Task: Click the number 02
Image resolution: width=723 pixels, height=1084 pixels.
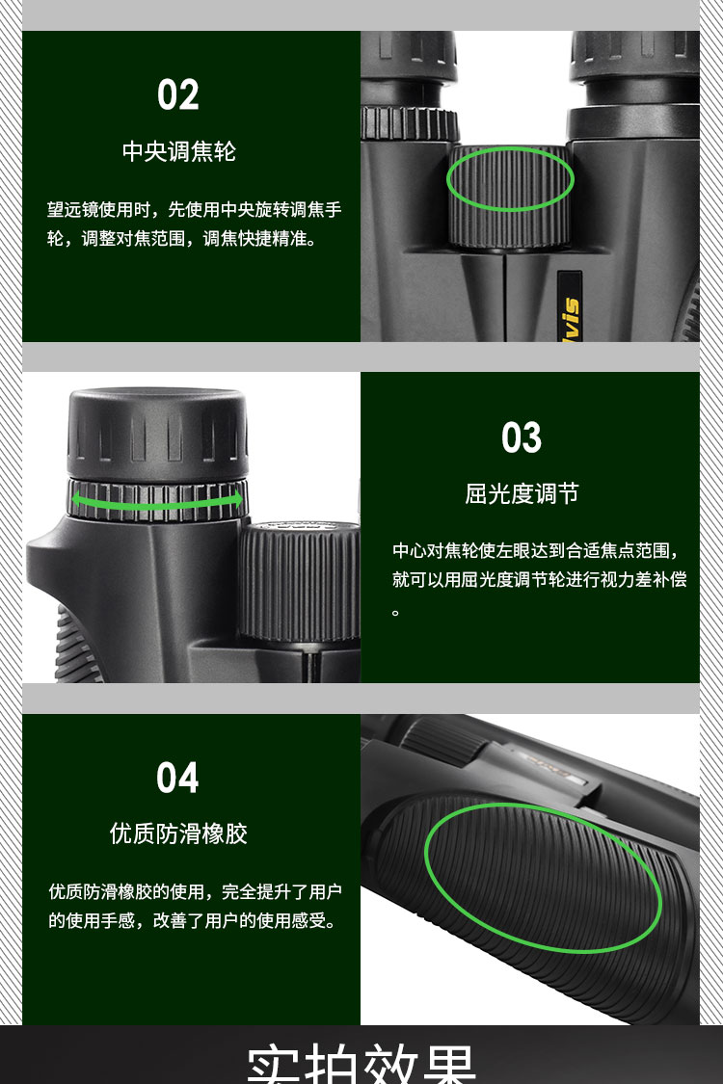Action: click(178, 95)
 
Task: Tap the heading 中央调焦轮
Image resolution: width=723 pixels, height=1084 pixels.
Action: click(179, 151)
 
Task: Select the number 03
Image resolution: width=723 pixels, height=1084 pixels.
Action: click(522, 438)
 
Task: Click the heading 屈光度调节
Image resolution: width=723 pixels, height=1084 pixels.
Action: click(522, 494)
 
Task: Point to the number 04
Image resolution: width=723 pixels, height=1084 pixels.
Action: click(177, 778)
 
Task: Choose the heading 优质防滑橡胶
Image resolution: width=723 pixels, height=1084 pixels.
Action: click(179, 833)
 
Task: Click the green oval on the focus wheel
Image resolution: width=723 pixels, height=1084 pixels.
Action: click(510, 178)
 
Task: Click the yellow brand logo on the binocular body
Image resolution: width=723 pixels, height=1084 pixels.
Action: click(570, 307)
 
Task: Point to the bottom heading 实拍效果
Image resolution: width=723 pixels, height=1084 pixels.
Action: click(361, 1064)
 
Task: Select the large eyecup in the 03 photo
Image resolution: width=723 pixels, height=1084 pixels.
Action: click(158, 429)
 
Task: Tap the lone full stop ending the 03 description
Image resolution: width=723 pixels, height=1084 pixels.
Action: click(395, 612)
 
